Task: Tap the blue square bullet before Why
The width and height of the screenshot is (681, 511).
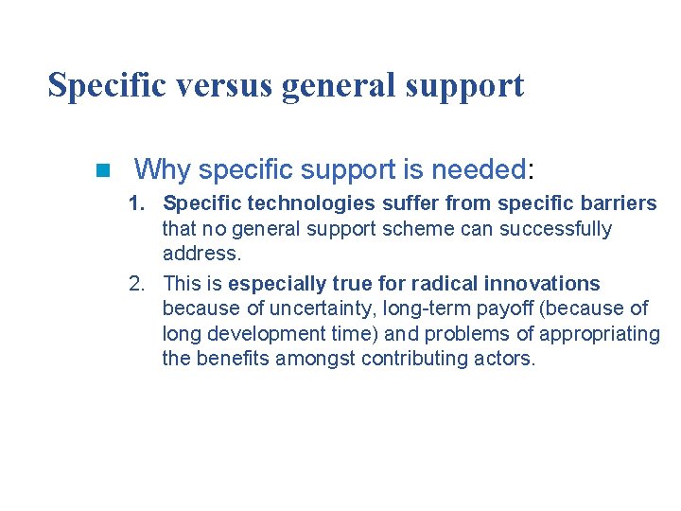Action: point(103,171)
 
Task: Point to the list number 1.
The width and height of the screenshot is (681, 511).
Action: point(137,203)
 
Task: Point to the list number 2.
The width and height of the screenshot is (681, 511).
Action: point(137,284)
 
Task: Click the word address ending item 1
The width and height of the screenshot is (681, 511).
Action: point(201,254)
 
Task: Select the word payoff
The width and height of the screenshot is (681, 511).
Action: point(511,308)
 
